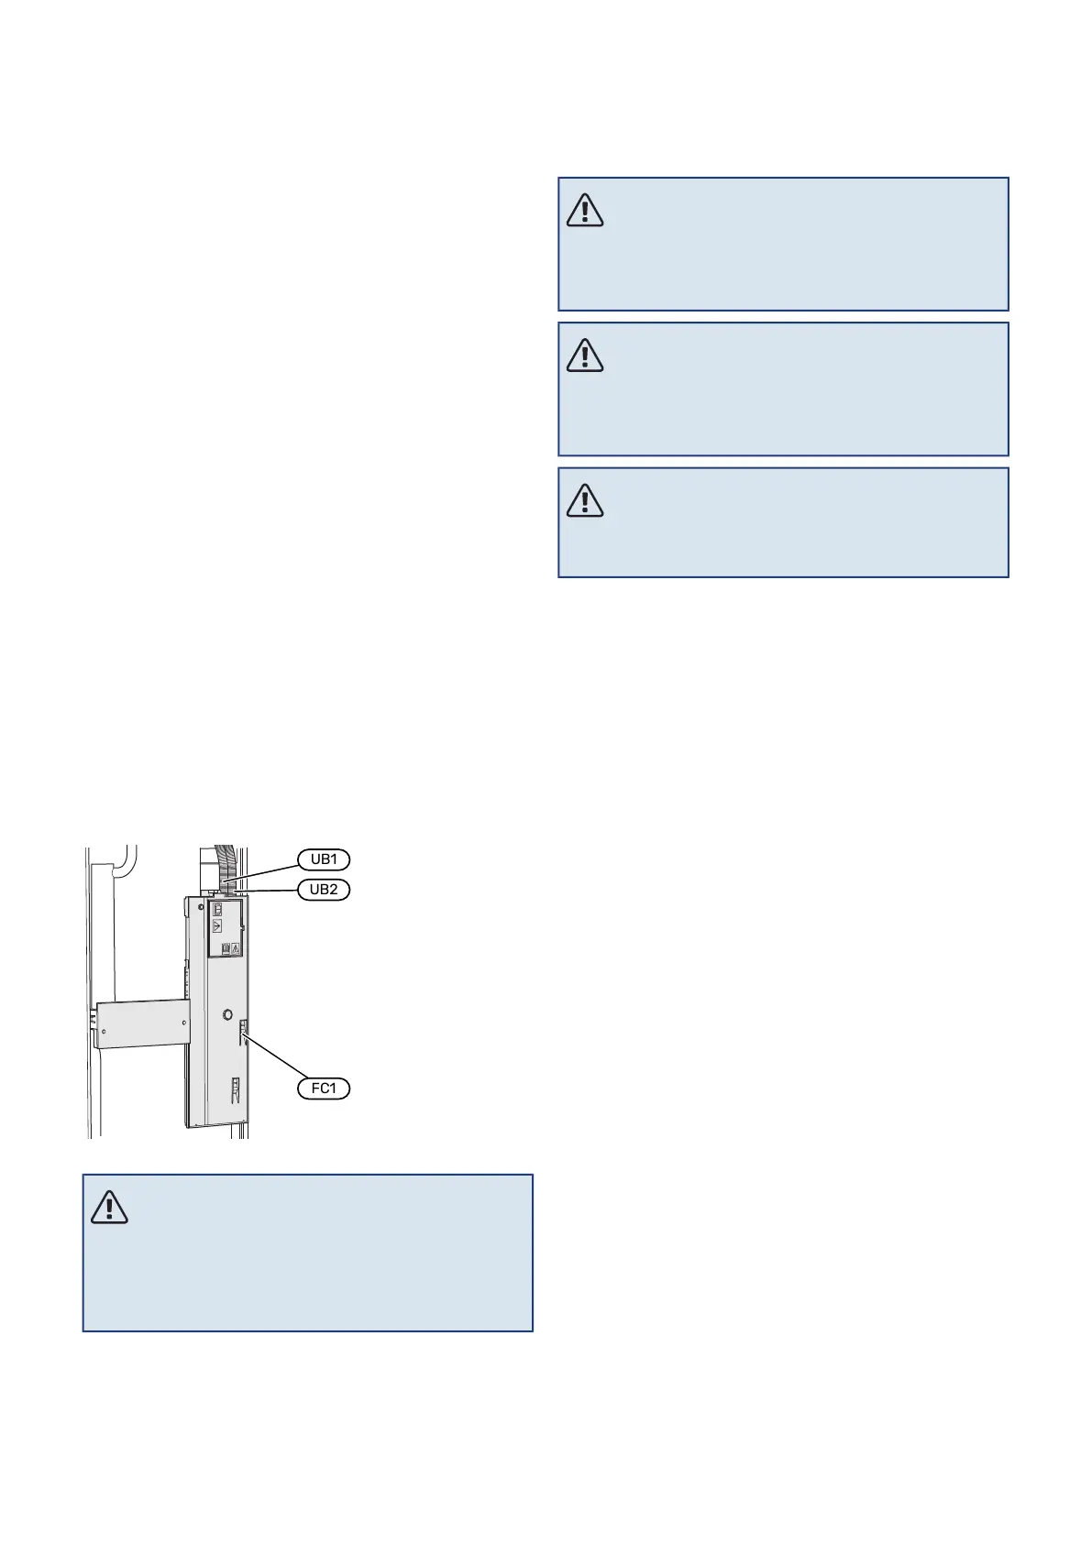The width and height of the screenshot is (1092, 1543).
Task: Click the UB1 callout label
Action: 324,859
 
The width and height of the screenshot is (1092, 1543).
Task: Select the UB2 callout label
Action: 324,889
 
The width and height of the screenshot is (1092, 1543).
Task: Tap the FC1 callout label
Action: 324,1089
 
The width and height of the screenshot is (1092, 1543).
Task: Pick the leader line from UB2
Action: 270,889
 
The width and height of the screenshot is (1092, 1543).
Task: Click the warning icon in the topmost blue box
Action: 585,211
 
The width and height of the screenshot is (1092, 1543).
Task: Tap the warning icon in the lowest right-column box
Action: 585,500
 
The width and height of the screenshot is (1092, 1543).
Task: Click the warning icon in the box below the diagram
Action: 109,1208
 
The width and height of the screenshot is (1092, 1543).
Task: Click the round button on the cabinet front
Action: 228,1014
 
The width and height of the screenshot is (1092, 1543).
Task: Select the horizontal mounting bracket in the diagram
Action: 143,1023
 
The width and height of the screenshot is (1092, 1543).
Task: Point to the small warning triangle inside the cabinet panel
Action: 236,948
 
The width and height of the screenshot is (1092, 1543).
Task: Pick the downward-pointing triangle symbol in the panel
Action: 218,926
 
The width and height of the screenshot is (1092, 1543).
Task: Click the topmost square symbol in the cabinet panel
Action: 218,911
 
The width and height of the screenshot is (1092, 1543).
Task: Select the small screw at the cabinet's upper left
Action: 199,904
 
